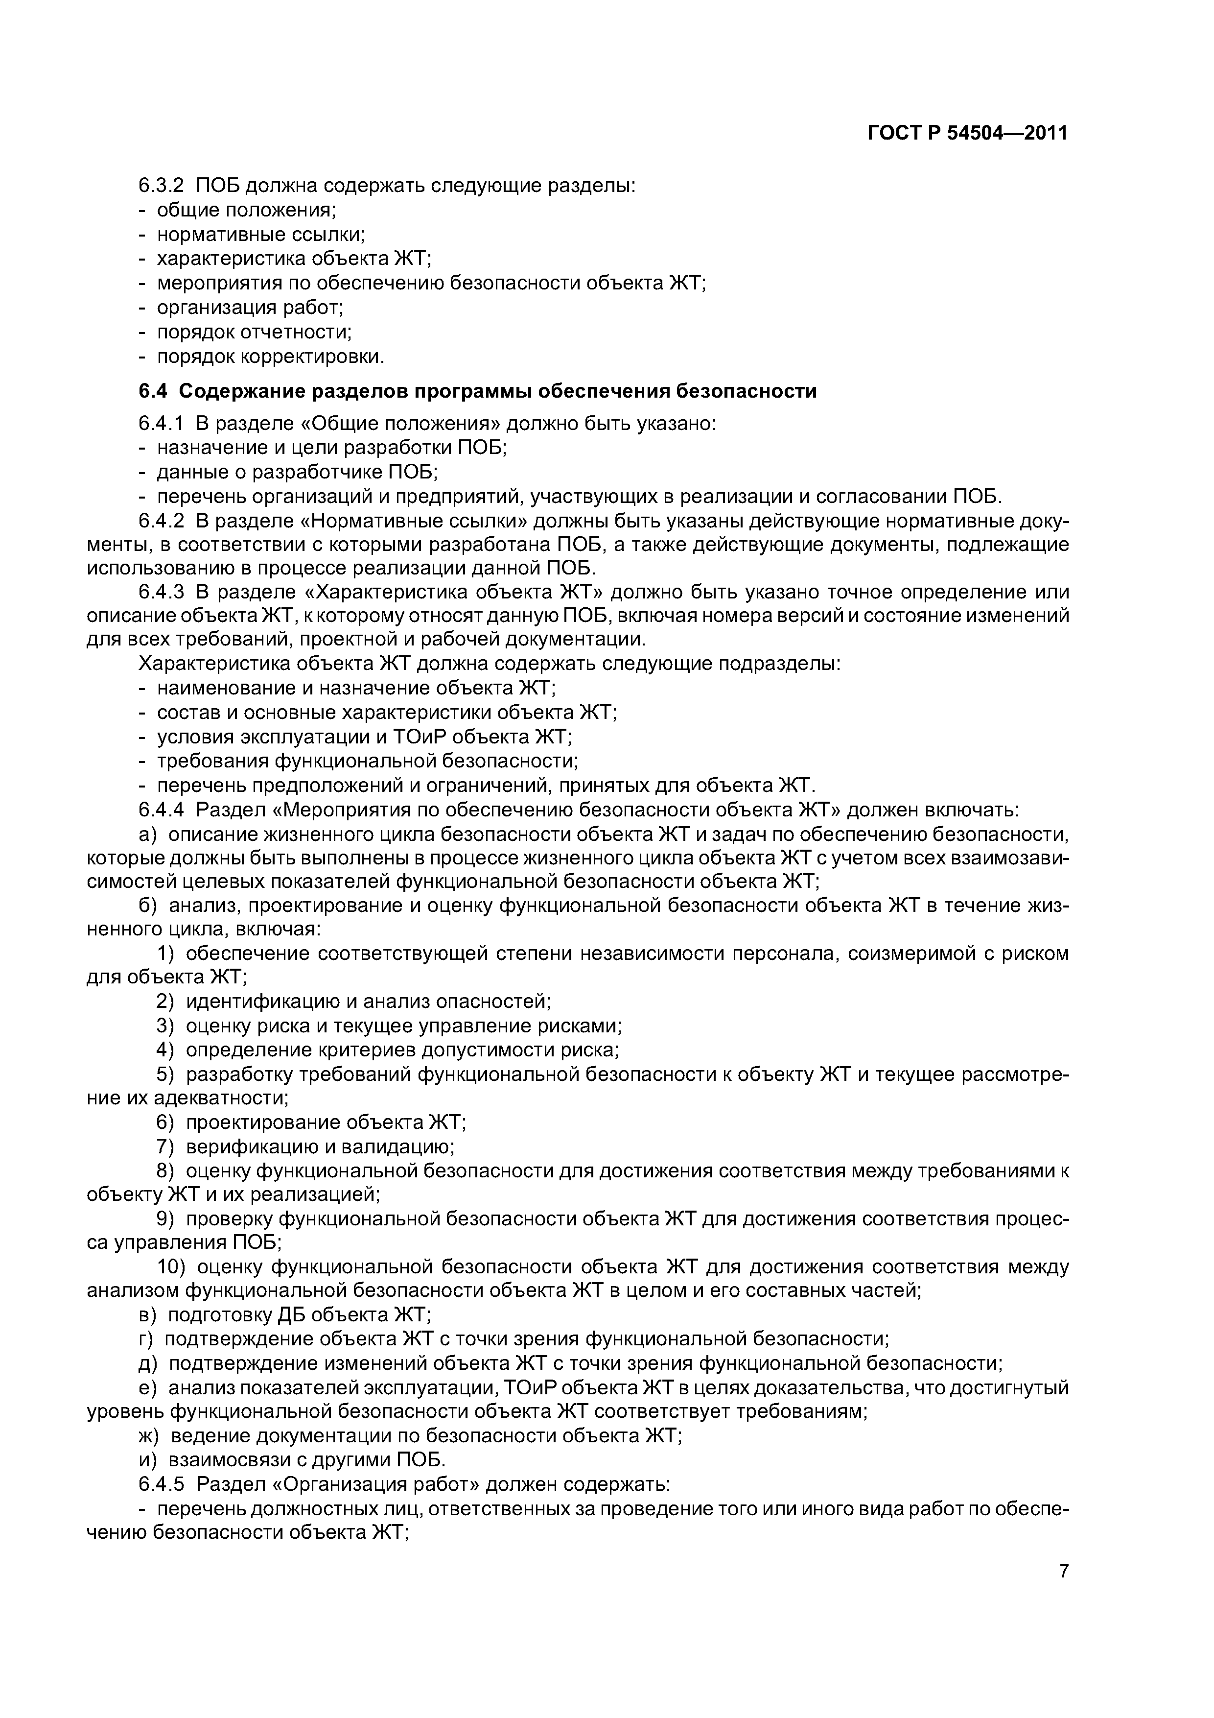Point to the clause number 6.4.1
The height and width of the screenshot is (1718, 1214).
(x=161, y=424)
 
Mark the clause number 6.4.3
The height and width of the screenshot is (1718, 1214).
(x=161, y=593)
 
